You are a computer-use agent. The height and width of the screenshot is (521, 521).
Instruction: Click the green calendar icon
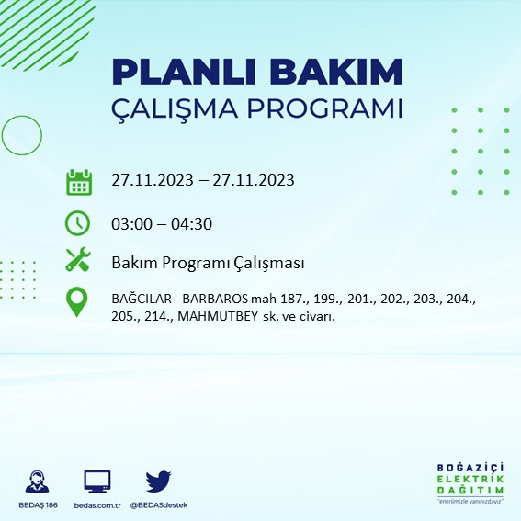(79, 181)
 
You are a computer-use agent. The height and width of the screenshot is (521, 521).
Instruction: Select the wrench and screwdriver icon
(79, 261)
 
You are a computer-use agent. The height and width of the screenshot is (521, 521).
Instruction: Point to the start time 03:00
(131, 223)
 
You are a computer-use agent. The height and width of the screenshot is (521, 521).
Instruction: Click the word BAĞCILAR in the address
(141, 300)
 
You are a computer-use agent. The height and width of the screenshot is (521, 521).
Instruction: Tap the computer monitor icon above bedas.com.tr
(96, 481)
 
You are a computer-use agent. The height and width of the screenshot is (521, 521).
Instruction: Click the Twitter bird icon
(158, 481)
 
